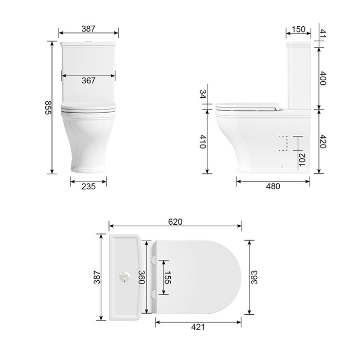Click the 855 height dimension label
(x=48, y=107)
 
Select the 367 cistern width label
(x=88, y=81)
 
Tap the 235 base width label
(x=88, y=186)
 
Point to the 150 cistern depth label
(x=298, y=29)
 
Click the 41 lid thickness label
(x=322, y=33)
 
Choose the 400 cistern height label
(x=323, y=78)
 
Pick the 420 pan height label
(x=323, y=141)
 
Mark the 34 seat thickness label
(x=203, y=94)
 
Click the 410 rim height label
(x=203, y=141)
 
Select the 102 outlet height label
(x=302, y=159)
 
